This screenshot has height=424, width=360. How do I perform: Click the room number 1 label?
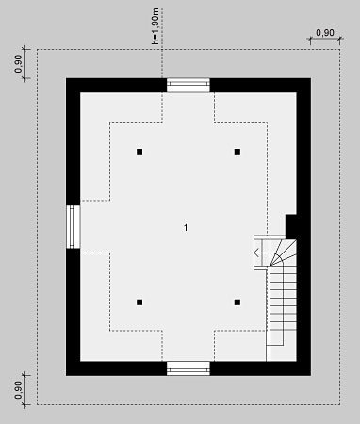(186, 227)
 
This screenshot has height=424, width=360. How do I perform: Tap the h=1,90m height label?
(155, 26)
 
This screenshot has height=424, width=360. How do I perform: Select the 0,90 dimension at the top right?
(325, 33)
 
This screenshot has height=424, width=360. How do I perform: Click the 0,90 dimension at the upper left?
(18, 64)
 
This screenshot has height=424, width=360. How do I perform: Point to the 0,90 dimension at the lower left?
(18, 390)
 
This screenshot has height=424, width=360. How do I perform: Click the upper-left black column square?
(139, 152)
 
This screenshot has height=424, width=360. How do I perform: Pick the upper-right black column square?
(237, 152)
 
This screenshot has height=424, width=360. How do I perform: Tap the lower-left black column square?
(139, 302)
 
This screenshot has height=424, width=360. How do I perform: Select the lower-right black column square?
(237, 302)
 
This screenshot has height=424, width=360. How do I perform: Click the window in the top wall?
(188, 85)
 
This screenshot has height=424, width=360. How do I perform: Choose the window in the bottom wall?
(188, 368)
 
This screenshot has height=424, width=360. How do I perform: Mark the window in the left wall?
(74, 227)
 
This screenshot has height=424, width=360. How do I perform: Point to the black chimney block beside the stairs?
(291, 226)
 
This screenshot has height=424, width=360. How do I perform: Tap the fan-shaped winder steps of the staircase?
(283, 253)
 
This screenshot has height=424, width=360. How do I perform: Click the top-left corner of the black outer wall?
(66, 78)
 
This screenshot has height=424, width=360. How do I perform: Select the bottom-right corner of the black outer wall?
(311, 376)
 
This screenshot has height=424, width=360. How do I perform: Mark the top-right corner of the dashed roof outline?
(340, 49)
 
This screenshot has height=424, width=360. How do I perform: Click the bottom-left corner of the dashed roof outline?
(37, 404)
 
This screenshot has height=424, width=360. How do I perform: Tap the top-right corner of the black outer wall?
(311, 78)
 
